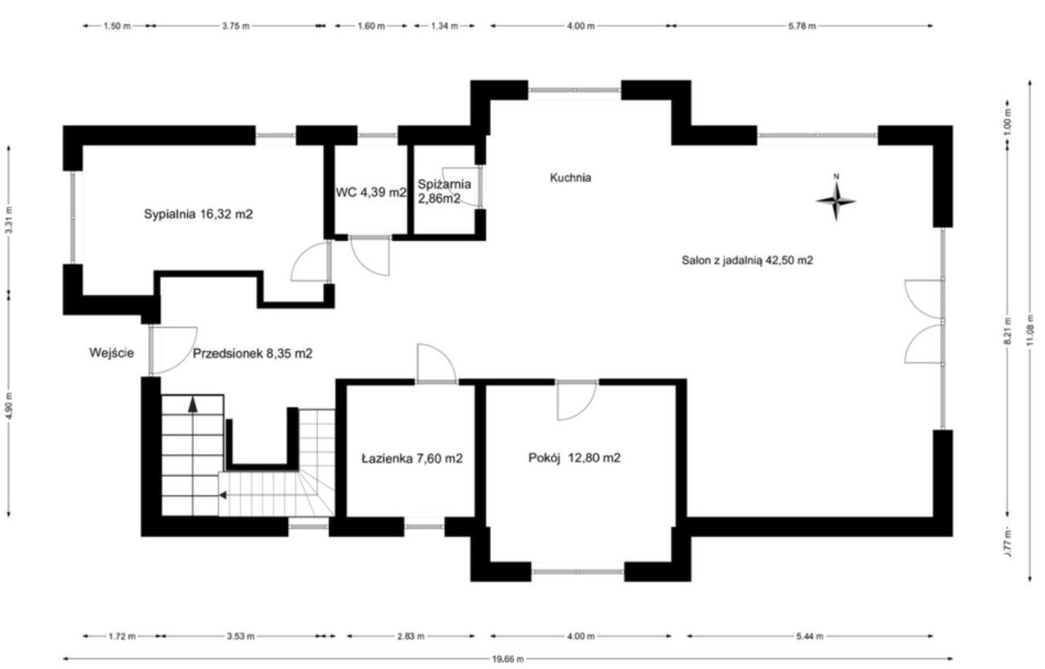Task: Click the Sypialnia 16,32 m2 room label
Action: (x=198, y=214)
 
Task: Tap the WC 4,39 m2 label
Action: (x=371, y=192)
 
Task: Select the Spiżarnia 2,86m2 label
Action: (x=444, y=191)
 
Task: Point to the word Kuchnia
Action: (x=571, y=178)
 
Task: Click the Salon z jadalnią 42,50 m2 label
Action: (x=747, y=260)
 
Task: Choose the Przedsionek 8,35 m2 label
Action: (x=252, y=354)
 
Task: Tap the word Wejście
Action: (x=112, y=353)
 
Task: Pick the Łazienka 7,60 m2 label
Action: (x=412, y=458)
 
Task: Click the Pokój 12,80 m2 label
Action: (x=574, y=458)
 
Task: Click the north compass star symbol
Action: (x=836, y=201)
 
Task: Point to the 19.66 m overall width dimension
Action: (x=508, y=659)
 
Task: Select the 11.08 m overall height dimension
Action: (x=1030, y=331)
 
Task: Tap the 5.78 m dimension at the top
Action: (x=802, y=26)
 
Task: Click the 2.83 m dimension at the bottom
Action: (x=411, y=636)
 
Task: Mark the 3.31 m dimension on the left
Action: (x=9, y=221)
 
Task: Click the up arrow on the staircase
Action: (x=193, y=404)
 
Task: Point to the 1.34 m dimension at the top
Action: (x=445, y=26)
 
